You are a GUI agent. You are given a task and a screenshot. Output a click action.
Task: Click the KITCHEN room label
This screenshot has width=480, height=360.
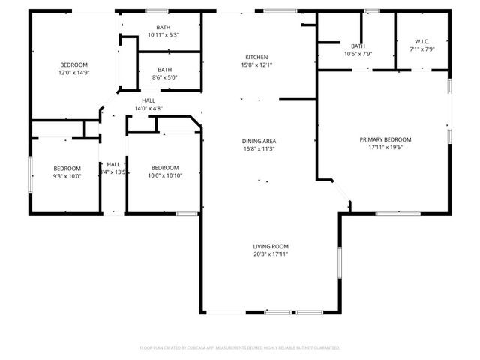256,58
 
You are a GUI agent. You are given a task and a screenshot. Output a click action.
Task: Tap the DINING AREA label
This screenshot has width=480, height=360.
259,141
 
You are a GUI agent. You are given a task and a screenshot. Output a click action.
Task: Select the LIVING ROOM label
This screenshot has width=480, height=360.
271,246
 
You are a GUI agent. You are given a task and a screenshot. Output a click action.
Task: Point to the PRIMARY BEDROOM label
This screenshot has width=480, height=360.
385,139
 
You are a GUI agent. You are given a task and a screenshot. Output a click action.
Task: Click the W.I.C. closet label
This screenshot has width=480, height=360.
421,42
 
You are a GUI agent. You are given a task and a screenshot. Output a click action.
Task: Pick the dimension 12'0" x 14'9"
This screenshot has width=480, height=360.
74,73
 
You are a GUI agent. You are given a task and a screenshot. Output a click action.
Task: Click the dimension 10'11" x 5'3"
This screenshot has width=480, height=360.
163,35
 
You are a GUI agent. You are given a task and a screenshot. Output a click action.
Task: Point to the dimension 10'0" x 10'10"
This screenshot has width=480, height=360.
165,175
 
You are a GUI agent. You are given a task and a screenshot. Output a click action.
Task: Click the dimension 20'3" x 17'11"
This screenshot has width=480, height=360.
271,254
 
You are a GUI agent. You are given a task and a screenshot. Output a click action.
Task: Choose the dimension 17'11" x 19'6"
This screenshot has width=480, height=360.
385,148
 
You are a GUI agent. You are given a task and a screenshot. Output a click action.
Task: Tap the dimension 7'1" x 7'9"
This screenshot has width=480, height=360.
421,50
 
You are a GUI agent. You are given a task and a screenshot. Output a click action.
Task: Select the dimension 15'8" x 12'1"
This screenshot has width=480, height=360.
256,66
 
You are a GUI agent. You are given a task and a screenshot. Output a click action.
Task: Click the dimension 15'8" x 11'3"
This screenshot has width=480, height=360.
259,149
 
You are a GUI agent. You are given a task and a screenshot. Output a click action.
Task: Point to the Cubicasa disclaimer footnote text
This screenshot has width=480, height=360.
240,348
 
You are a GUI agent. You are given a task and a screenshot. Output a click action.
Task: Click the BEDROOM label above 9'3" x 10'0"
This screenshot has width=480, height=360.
67,168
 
